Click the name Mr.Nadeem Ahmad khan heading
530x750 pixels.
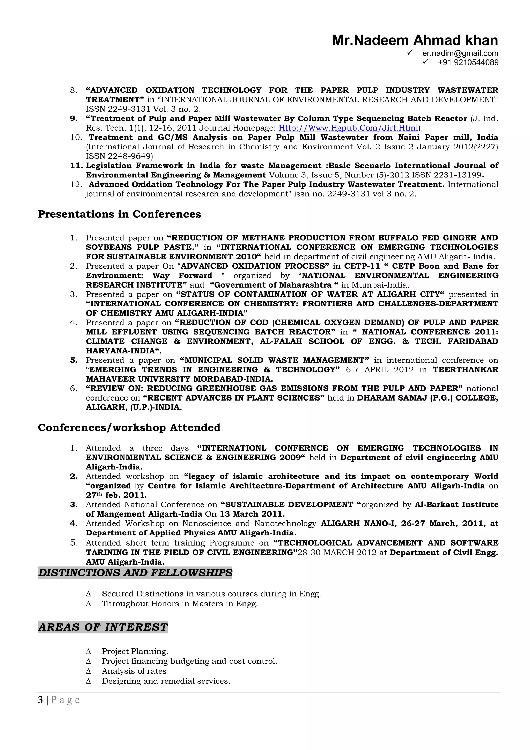(x=415, y=40)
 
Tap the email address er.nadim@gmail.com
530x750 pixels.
(x=460, y=53)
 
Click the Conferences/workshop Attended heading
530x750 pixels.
(x=129, y=428)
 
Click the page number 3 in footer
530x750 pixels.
(x=40, y=700)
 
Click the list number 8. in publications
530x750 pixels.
(x=73, y=90)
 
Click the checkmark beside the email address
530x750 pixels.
(x=410, y=53)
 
